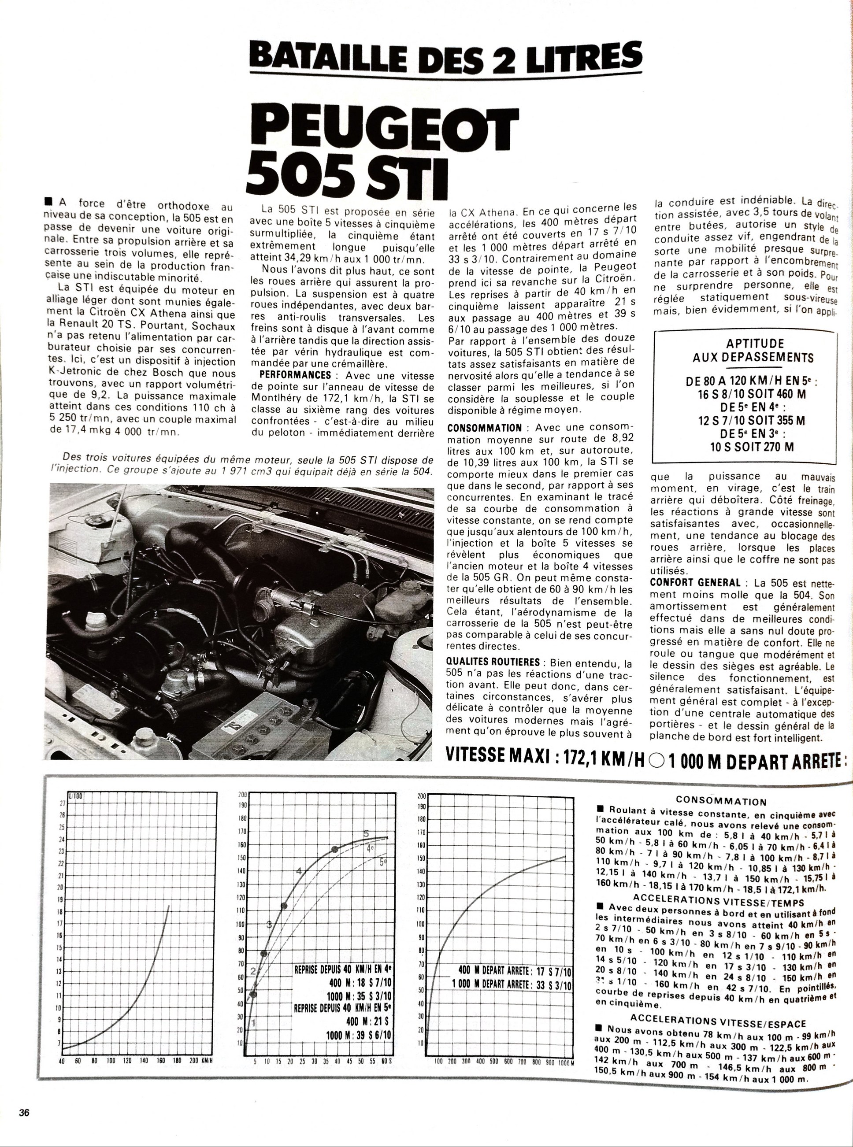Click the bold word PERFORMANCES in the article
[x=295, y=375]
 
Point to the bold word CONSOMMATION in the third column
[x=485, y=428]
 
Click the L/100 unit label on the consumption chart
[x=75, y=796]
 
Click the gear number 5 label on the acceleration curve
[x=366, y=834]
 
